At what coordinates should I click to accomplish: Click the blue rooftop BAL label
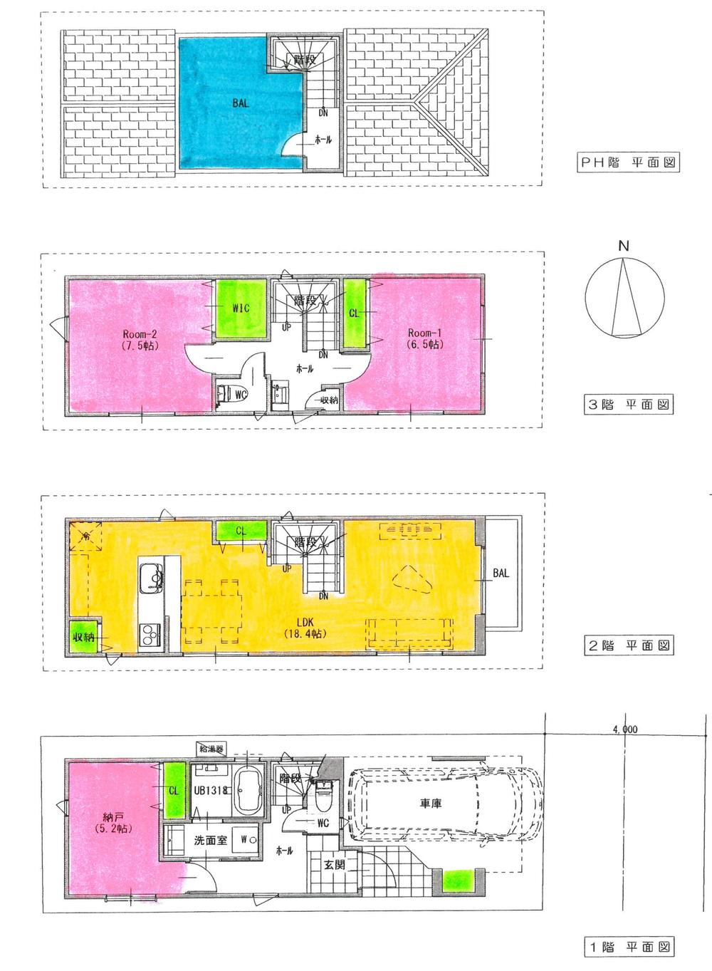point(241,103)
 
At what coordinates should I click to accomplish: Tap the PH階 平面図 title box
point(627,162)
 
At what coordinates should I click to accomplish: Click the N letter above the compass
point(624,246)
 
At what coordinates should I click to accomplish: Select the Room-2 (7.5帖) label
point(140,339)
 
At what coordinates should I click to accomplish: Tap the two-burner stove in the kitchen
point(150,633)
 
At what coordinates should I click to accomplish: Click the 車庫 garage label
point(431,804)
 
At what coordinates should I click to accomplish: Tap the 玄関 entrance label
point(335,865)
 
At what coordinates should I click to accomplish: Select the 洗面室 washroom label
point(211,840)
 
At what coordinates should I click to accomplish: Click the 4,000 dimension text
point(624,729)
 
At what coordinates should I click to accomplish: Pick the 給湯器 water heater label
point(211,749)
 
